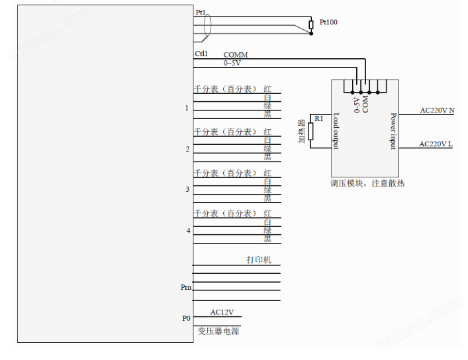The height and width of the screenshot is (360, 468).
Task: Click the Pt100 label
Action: coord(328,22)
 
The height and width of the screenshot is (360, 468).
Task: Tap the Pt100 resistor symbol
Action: coord(312,26)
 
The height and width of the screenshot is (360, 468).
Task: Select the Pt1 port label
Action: coord(201,13)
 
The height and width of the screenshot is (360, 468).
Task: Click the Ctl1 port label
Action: coord(201,54)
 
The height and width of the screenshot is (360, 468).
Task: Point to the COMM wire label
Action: coord(236,55)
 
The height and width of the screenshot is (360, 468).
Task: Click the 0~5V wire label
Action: coord(232,63)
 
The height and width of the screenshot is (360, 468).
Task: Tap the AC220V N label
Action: coord(437,111)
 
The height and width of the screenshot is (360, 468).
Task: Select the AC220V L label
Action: coord(436,144)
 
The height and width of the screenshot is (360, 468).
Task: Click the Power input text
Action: coord(393,131)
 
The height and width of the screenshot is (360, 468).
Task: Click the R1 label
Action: coord(319,118)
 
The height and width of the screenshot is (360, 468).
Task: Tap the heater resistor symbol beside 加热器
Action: coord(310,131)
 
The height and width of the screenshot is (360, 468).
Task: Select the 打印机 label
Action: coord(259,260)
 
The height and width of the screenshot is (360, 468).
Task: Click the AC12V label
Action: coord(222,312)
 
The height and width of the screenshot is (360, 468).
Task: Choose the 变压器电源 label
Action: coord(218,331)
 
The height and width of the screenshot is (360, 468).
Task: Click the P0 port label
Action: coord(186,318)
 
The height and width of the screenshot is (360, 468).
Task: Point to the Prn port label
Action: coord(186,287)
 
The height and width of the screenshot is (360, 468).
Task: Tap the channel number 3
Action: coord(187,190)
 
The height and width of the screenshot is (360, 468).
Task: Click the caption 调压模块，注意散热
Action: coord(367,183)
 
